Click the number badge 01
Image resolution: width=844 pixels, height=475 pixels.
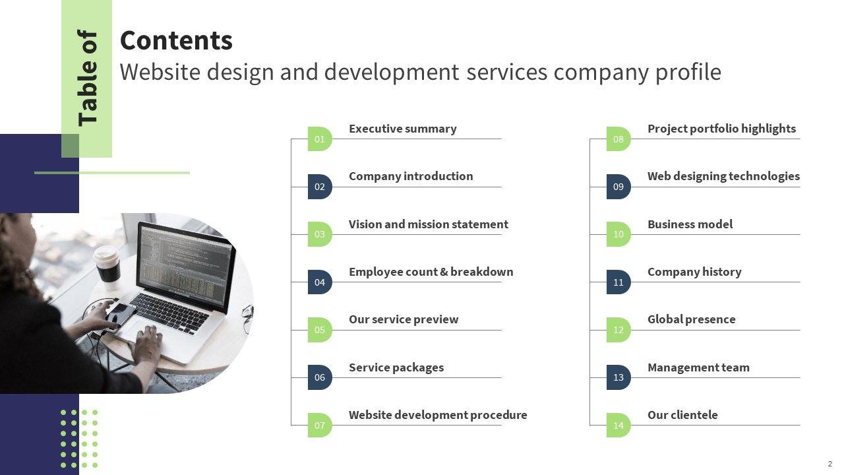click(x=320, y=139)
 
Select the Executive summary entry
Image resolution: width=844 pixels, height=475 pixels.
click(x=402, y=129)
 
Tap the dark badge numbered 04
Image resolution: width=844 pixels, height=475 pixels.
click(x=320, y=282)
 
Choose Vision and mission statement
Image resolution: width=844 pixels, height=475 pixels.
click(x=428, y=224)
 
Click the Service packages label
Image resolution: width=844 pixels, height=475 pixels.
click(x=396, y=367)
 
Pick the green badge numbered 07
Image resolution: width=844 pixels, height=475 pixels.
click(x=320, y=426)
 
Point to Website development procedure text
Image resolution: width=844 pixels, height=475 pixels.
click(x=438, y=415)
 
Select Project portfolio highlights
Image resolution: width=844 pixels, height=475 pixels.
click(x=721, y=129)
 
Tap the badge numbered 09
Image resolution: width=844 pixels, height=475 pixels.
click(x=618, y=187)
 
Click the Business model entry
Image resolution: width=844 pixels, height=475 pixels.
click(x=690, y=224)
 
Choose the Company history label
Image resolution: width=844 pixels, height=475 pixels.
click(x=694, y=272)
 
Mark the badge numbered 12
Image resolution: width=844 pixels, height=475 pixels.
click(x=618, y=330)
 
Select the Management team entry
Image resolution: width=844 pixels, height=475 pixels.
click(x=698, y=367)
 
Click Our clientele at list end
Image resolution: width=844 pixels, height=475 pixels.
click(x=682, y=415)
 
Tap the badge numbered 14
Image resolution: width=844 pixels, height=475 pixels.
click(x=618, y=426)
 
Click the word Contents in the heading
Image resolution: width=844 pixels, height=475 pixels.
click(x=176, y=41)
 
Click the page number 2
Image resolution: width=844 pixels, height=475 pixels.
click(x=830, y=464)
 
